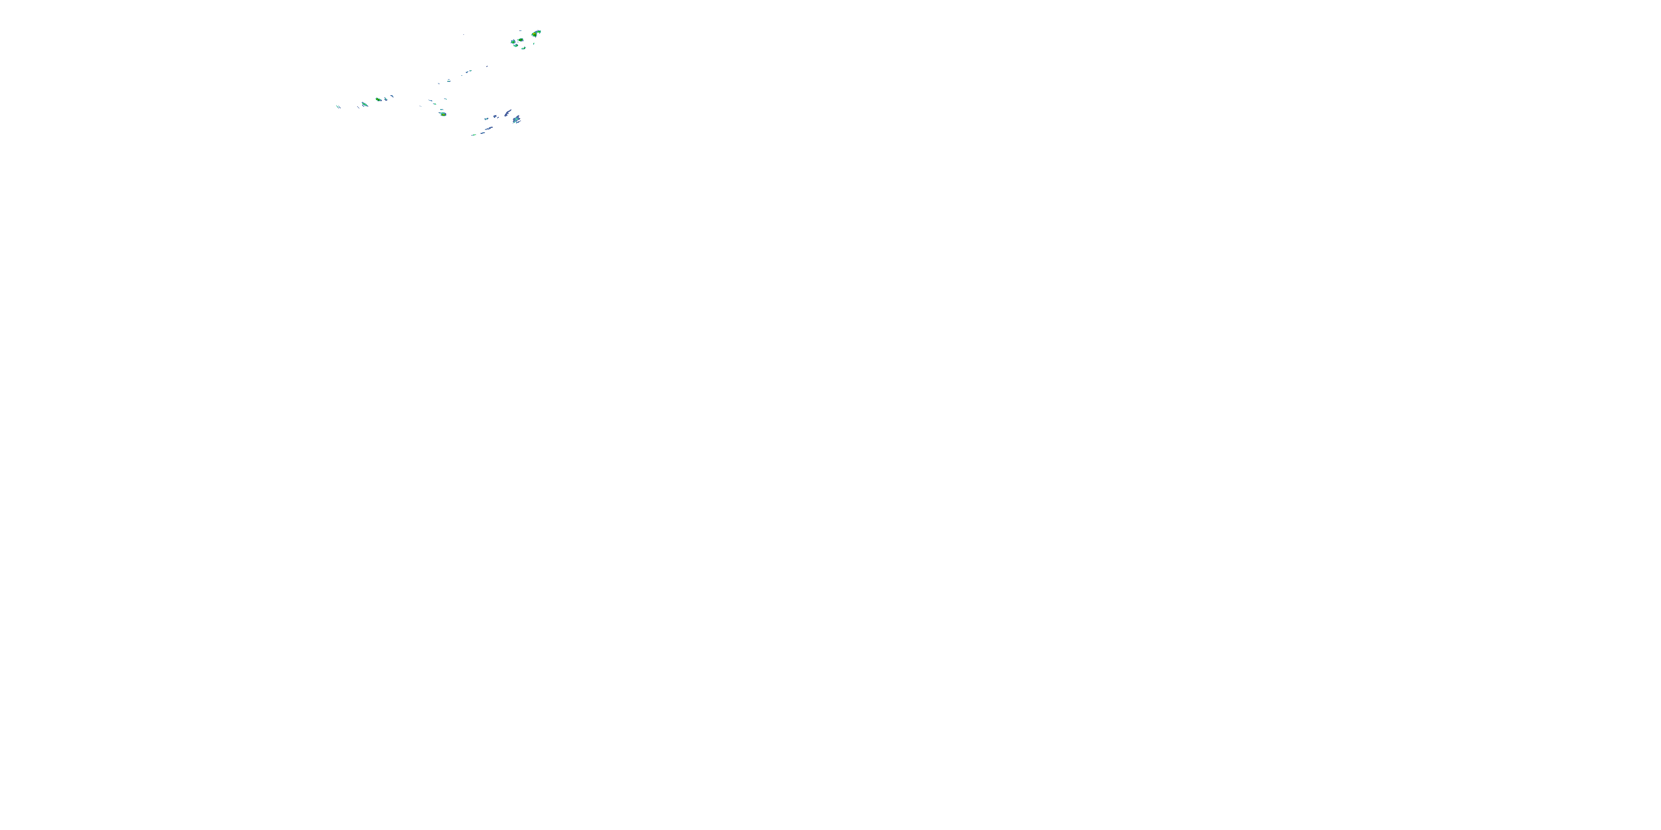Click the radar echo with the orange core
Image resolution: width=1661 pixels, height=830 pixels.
click(x=534, y=35)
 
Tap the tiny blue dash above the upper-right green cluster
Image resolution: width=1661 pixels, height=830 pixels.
click(x=521, y=31)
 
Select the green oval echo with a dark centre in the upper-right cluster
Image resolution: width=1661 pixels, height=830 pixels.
click(x=521, y=40)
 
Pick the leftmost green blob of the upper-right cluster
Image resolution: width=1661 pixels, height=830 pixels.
click(x=513, y=43)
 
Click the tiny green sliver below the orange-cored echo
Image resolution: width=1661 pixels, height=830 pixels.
click(x=534, y=44)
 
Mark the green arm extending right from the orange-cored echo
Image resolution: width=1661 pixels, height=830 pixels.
click(x=539, y=32)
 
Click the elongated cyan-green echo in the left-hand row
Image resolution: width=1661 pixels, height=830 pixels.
click(x=365, y=105)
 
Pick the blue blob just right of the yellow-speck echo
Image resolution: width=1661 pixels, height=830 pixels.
click(x=386, y=99)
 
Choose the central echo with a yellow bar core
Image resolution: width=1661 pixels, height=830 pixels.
click(x=443, y=115)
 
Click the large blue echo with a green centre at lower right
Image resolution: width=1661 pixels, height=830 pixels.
click(x=517, y=119)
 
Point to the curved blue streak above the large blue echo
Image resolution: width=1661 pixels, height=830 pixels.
click(x=508, y=113)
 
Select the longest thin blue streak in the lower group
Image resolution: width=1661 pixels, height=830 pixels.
click(x=489, y=129)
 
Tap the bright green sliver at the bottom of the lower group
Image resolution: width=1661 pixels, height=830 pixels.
click(x=474, y=136)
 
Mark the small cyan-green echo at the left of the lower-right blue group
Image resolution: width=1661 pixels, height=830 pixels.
click(x=487, y=119)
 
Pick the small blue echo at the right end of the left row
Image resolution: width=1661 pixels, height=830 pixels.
click(x=393, y=96)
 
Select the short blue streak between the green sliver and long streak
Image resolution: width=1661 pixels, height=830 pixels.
click(x=483, y=133)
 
